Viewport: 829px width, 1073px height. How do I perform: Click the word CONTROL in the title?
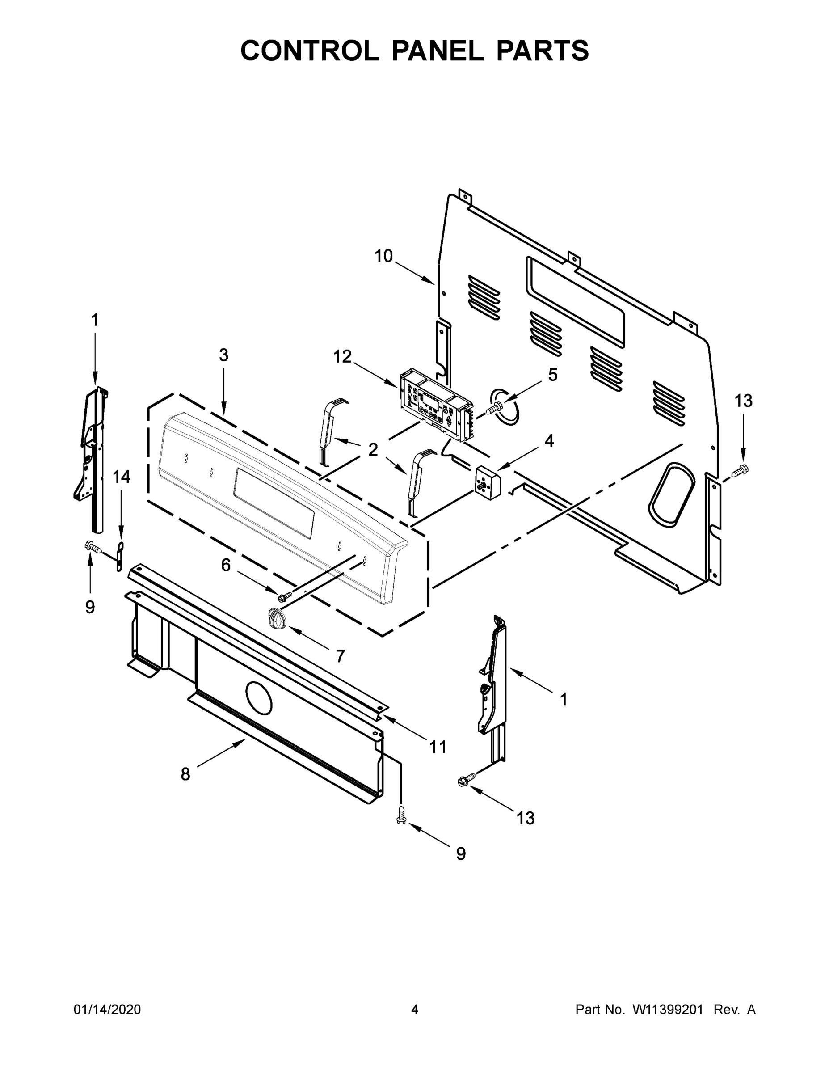pyautogui.click(x=309, y=51)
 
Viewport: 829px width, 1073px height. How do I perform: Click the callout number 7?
pyautogui.click(x=340, y=655)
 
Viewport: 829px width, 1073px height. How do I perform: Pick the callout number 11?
pyautogui.click(x=438, y=747)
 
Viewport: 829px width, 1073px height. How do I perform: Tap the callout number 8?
pyautogui.click(x=185, y=774)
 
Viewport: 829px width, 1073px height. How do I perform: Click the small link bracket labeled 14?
pyautogui.click(x=119, y=557)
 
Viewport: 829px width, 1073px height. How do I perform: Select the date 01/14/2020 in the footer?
pyautogui.click(x=107, y=1009)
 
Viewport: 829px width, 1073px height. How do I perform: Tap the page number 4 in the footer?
pyautogui.click(x=415, y=1009)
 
